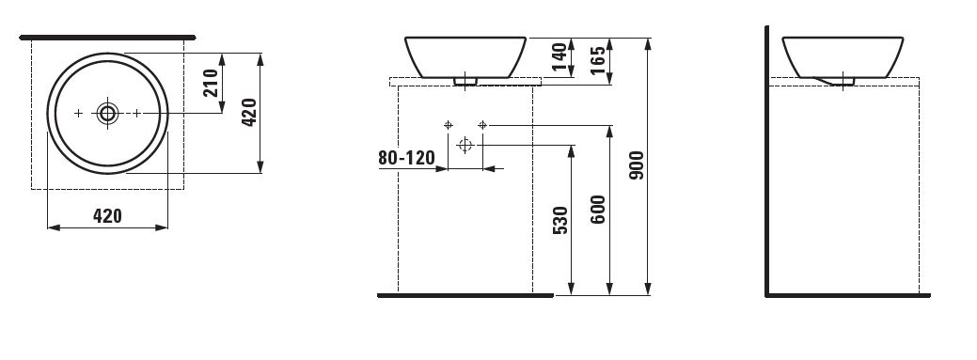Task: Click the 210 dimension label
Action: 211,83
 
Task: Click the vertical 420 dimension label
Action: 248,113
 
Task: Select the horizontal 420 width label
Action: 107,216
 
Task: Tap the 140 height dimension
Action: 559,56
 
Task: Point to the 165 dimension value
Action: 597,60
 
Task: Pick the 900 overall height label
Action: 637,165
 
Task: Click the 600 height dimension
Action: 597,210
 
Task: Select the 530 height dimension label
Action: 560,220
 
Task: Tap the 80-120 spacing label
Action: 406,158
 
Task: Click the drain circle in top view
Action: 108,114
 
